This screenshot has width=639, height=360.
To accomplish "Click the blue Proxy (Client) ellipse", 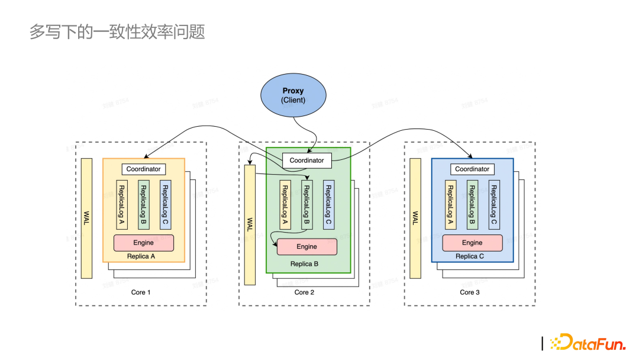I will [x=293, y=95].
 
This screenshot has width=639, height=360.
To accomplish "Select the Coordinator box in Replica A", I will [x=143, y=169].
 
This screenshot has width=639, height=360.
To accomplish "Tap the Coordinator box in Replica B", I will [x=306, y=160].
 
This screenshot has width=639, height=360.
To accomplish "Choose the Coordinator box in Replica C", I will [x=472, y=169].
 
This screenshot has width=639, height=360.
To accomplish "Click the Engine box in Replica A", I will [x=143, y=243].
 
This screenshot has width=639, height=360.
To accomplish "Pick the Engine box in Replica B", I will [x=306, y=247].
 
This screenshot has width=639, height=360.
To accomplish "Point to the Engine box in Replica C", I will [x=472, y=243].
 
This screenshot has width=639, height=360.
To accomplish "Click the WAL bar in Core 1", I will [x=87, y=218].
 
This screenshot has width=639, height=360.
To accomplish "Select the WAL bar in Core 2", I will [x=250, y=225].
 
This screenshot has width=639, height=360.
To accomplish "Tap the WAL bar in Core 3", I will [x=415, y=218].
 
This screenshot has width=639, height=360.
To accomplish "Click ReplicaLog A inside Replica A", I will [x=121, y=205].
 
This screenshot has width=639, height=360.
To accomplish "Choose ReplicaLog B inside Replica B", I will [x=306, y=205].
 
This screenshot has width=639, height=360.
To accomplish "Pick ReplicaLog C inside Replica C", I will [x=494, y=205].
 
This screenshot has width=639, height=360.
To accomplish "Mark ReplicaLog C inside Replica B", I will [x=328, y=205].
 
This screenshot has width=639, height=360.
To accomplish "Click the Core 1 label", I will [x=141, y=292].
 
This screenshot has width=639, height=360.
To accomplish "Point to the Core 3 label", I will [x=470, y=292].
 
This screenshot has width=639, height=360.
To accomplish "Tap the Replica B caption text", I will [x=304, y=264].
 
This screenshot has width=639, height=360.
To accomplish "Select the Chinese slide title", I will [x=117, y=32].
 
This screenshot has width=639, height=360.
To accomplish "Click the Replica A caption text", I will [x=141, y=256].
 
